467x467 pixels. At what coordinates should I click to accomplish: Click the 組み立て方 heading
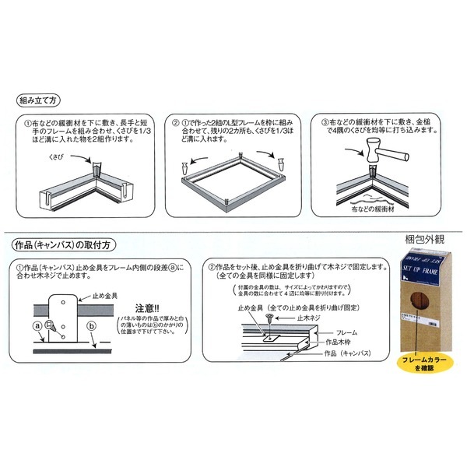point(39,101)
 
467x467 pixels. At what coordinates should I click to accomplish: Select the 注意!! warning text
point(144,307)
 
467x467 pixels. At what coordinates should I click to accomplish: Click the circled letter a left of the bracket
point(37,324)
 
